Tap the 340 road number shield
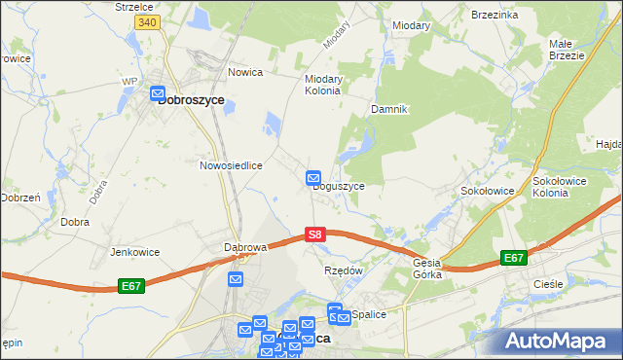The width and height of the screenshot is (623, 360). tap(147, 21)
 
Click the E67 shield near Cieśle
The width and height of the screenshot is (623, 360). tap(514, 258)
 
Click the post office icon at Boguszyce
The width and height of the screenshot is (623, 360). tap(313, 178)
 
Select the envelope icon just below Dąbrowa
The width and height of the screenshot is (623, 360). tap(236, 279)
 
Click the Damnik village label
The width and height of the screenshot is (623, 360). tap(387, 109)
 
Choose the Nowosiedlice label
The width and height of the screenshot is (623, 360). tap(232, 165)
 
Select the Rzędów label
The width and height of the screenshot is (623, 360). tap(343, 270)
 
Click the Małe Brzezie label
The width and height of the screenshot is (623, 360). tap(566, 50)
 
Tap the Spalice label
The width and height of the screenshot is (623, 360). tap(370, 314)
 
